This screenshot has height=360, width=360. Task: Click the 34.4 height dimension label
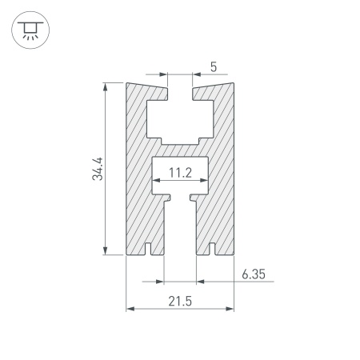[97, 169]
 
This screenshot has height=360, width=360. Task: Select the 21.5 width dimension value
[180, 302]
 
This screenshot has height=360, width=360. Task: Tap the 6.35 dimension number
[254, 274]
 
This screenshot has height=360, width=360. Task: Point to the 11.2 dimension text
[180, 173]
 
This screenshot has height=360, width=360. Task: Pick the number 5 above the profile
[214, 67]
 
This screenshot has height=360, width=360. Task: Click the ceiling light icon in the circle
[30, 30]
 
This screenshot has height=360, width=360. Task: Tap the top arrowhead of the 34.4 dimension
[106, 87]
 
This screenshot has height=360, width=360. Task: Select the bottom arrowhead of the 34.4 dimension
[106, 250]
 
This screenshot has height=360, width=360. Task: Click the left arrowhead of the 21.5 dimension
[130, 309]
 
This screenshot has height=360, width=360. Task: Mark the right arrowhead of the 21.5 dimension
[230, 309]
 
